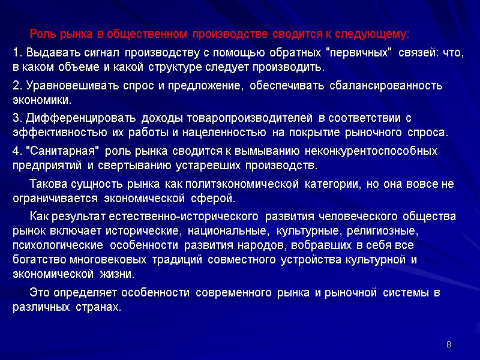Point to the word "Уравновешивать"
pos(58,86)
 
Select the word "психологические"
pos(50,245)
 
